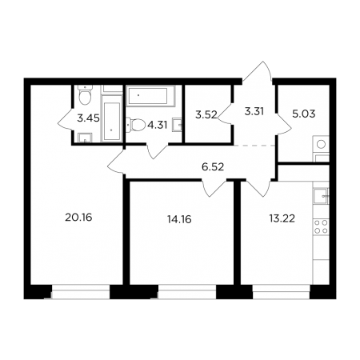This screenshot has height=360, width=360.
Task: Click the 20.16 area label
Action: click(x=78, y=218)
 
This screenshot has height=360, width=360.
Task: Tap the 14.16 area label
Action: click(x=179, y=219)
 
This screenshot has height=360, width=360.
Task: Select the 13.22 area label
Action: click(x=282, y=218)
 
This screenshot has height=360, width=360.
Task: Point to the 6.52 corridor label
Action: click(x=213, y=167)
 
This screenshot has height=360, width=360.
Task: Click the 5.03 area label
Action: click(x=304, y=114)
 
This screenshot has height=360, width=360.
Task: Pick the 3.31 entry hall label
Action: click(x=254, y=111)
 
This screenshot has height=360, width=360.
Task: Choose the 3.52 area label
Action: click(x=206, y=115)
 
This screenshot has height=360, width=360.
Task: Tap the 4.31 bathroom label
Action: click(x=158, y=125)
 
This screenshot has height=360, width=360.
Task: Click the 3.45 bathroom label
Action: click(x=88, y=118)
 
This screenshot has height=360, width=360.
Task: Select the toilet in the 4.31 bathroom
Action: click(x=135, y=126)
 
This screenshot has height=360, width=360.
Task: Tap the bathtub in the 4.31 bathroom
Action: click(x=150, y=95)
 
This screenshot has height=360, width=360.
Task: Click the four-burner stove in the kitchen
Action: click(x=321, y=226)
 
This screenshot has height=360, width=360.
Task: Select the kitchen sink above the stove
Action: click(x=321, y=196)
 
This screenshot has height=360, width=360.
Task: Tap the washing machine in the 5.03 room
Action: click(x=321, y=145)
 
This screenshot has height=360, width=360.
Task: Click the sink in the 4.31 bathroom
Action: click(x=178, y=125)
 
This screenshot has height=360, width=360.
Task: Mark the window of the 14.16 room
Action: click(x=187, y=292)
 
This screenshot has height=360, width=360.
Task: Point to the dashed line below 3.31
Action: click(x=254, y=146)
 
